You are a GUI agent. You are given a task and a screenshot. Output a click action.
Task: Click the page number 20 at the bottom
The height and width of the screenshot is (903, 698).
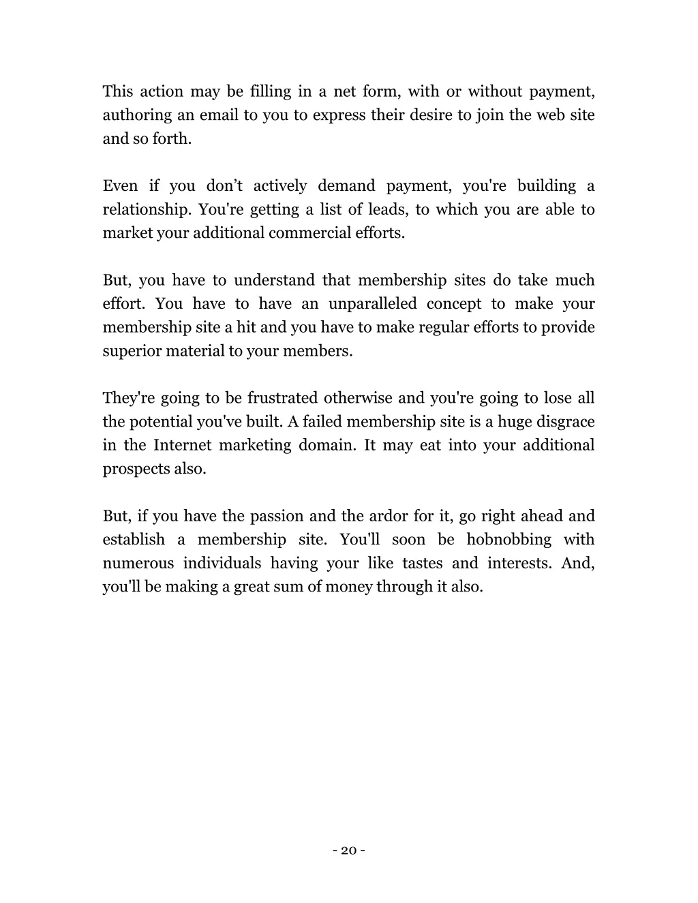pyautogui.click(x=349, y=850)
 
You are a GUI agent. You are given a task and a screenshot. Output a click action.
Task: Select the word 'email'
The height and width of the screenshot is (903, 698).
pyautogui.click(x=219, y=115)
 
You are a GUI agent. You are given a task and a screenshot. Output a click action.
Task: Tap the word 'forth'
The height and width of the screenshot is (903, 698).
pyautogui.click(x=176, y=139)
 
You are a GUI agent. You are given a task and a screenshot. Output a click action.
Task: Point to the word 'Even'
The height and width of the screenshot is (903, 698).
pyautogui.click(x=121, y=186)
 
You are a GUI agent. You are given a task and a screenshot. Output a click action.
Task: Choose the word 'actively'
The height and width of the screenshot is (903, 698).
pyautogui.click(x=280, y=186)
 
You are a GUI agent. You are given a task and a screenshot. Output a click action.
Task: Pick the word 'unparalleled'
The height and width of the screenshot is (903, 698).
pyautogui.click(x=372, y=304)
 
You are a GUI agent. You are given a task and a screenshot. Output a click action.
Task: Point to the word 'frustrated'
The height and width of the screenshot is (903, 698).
pyautogui.click(x=283, y=398)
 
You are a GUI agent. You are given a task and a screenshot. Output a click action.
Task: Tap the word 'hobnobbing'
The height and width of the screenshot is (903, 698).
pyautogui.click(x=509, y=540)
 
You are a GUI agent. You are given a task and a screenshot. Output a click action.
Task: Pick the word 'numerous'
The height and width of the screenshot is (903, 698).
pyautogui.click(x=138, y=564)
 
